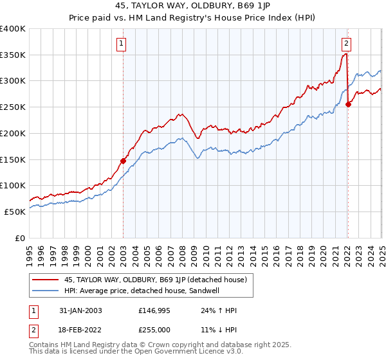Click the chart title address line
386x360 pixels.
tap(192, 7)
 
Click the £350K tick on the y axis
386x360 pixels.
tap(13, 55)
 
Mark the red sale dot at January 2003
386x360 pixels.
tap(123, 161)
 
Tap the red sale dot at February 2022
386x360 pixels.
tap(348, 104)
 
